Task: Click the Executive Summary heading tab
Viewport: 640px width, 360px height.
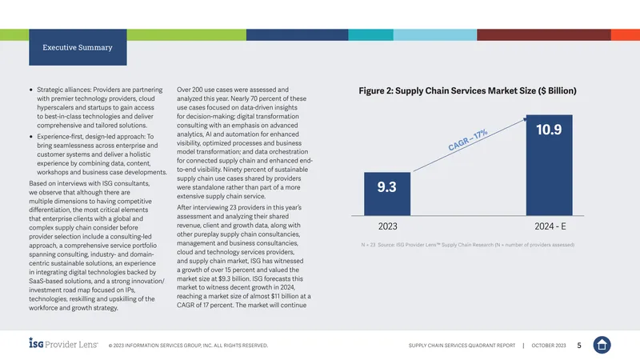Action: [x=78, y=47]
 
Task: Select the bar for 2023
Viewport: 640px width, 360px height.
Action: [x=387, y=194]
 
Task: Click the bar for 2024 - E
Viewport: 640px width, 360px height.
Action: [x=549, y=165]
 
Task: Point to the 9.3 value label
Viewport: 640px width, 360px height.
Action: [x=386, y=187]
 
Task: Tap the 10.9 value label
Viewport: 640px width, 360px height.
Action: [x=549, y=130]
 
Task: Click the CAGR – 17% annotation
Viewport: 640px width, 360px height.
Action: [x=468, y=140]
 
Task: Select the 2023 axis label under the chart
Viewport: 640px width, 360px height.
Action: [x=387, y=226]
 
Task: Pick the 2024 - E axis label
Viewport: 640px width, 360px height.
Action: [x=550, y=226]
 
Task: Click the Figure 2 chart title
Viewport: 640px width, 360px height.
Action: [x=467, y=90]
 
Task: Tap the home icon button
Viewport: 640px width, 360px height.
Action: [x=602, y=345]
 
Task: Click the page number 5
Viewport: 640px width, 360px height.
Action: [x=578, y=346]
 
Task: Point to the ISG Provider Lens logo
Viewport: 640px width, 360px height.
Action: [x=63, y=343]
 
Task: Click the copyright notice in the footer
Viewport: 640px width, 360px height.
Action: [x=188, y=346]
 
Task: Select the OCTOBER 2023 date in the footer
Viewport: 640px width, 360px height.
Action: [x=549, y=346]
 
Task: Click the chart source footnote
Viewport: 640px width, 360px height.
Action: [x=468, y=245]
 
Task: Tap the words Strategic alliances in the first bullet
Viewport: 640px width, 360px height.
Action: [x=64, y=90]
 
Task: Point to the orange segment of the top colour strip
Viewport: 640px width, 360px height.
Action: [x=626, y=34]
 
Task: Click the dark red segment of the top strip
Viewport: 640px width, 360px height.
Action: [x=544, y=34]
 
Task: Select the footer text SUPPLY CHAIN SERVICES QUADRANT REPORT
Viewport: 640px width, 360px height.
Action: [x=462, y=346]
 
